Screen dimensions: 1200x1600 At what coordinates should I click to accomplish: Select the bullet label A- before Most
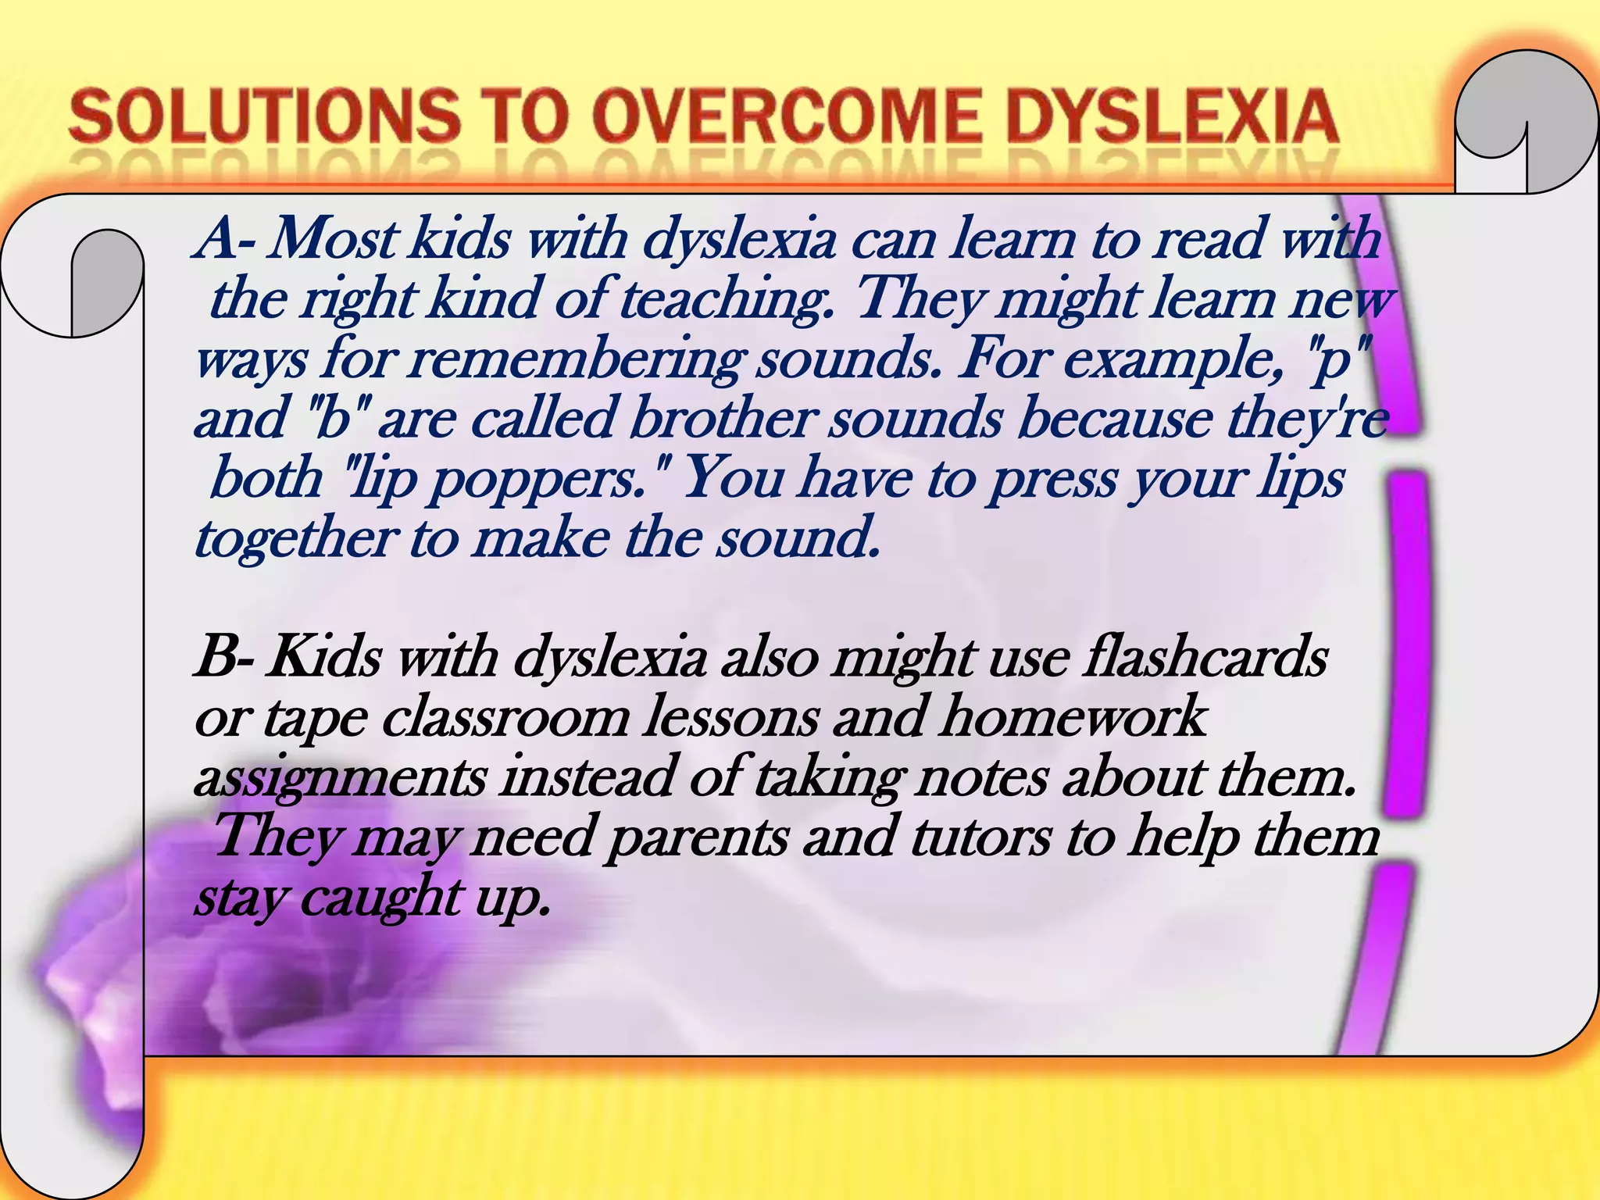coord(226,238)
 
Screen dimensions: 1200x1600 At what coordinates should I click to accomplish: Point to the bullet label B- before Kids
coord(224,656)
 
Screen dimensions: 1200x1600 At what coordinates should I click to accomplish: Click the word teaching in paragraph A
coord(726,299)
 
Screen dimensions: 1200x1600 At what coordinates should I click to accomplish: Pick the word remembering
coord(575,359)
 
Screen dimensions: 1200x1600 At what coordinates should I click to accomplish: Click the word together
coord(296,538)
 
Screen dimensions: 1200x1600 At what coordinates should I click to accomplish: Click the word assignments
coord(341,778)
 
